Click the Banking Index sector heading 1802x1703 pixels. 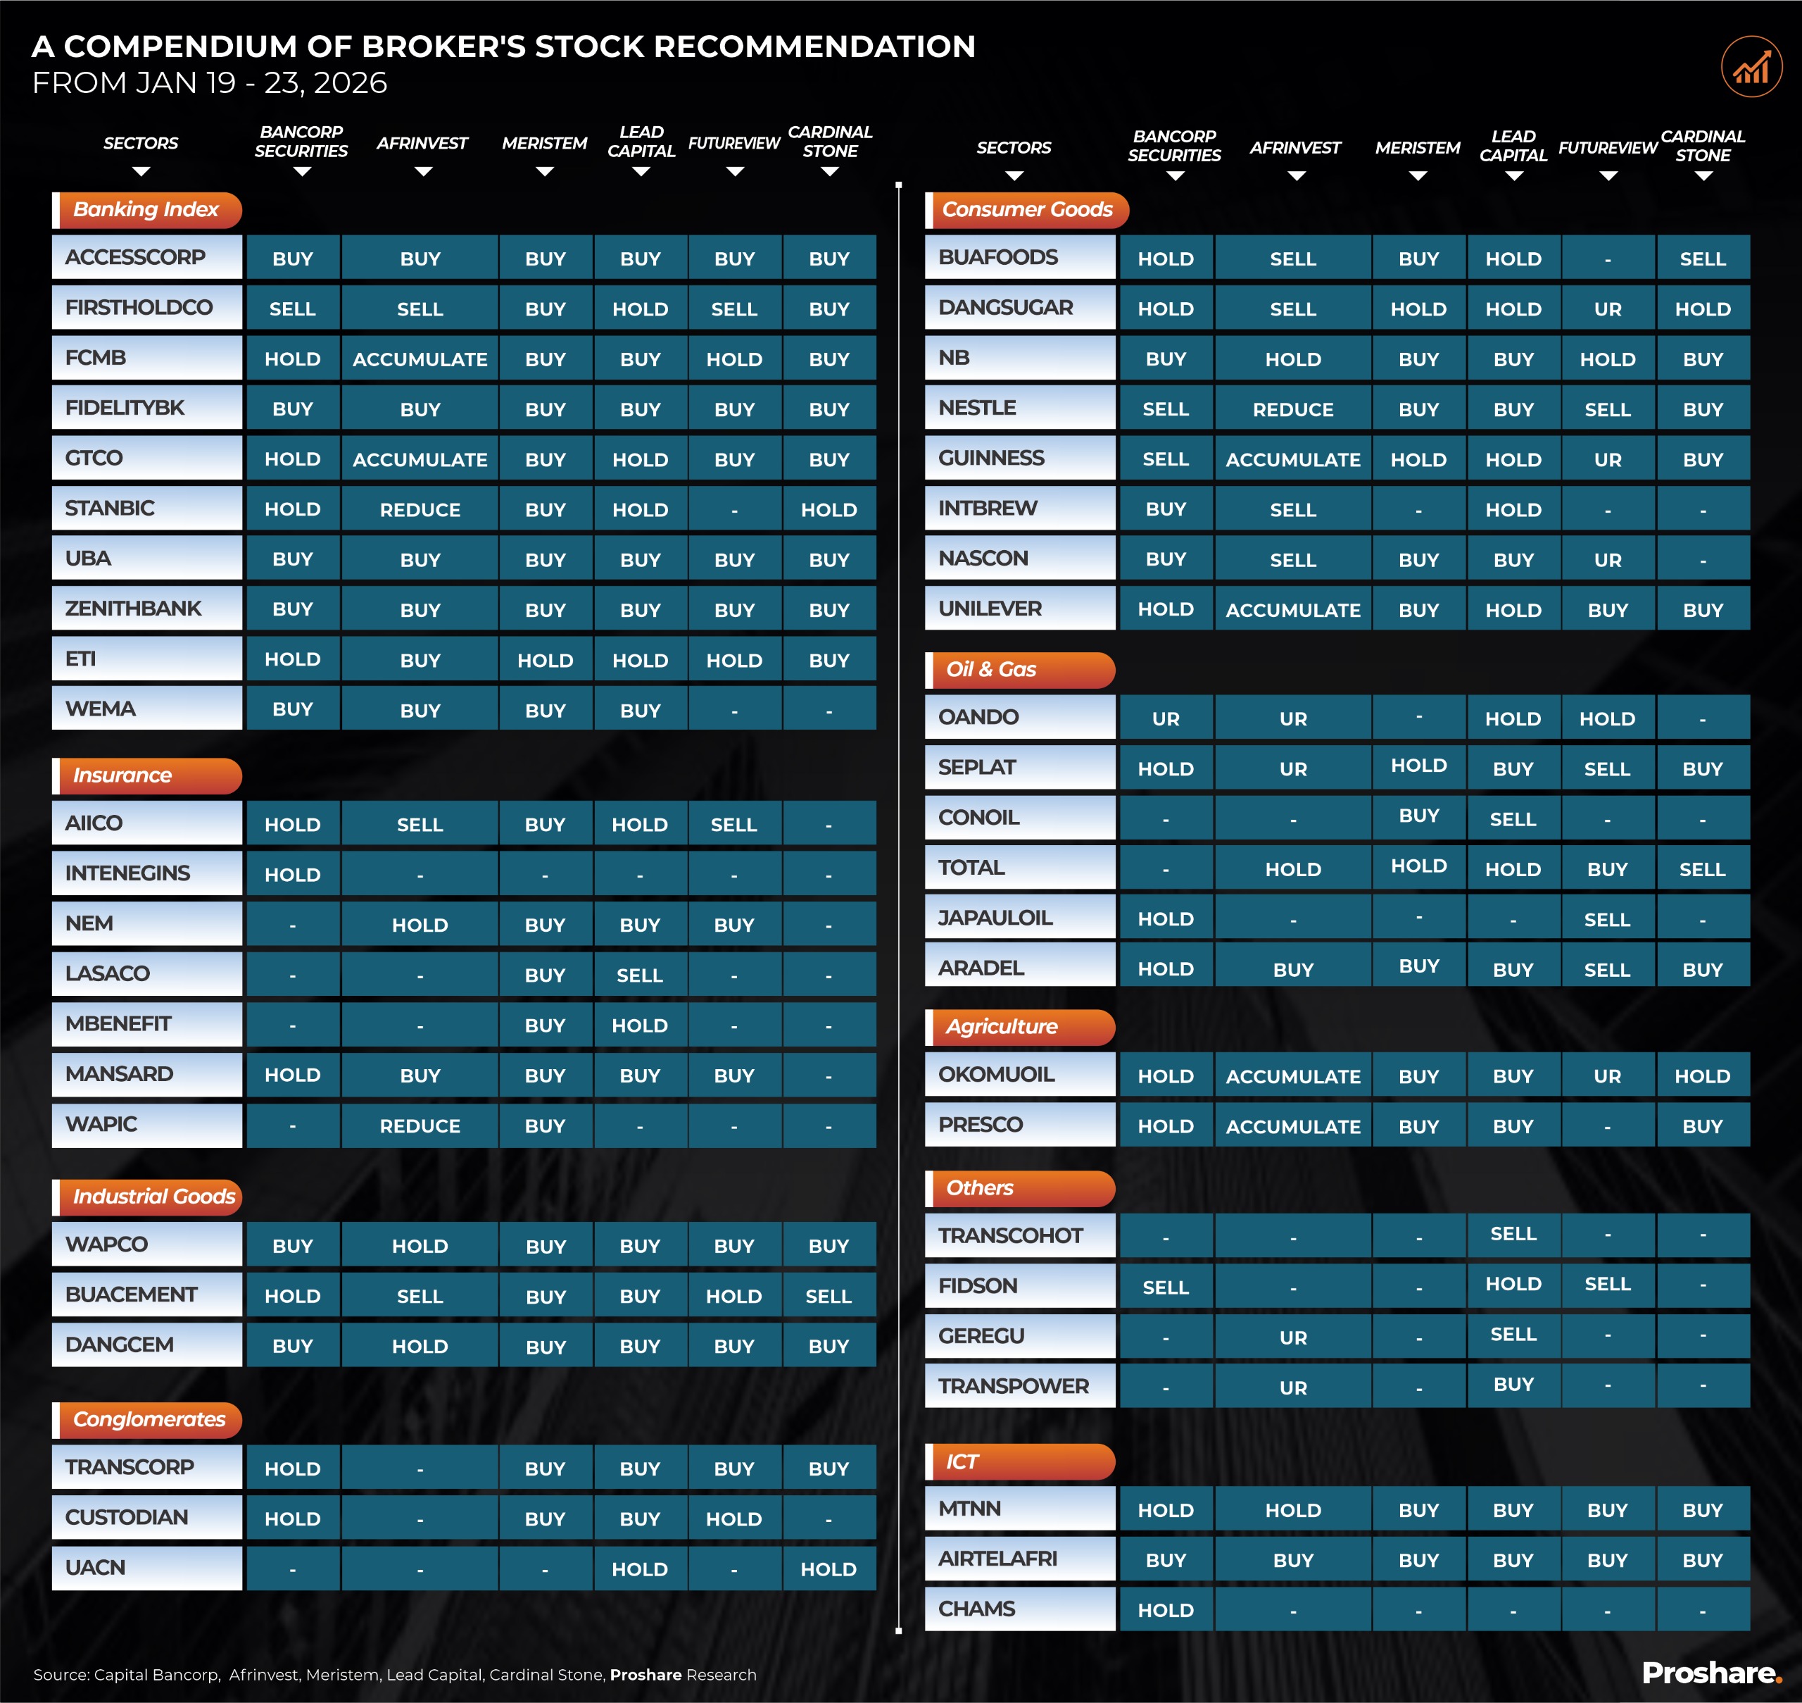[146, 210]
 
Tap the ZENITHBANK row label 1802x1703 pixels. [133, 609]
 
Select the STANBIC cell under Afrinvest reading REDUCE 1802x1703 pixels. [420, 509]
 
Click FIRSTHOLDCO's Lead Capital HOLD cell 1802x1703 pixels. [640, 308]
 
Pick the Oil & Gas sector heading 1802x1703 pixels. [991, 669]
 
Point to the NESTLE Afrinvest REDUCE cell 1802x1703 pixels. [1292, 409]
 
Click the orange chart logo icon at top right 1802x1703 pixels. [1751, 66]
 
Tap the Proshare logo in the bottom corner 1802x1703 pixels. [1710, 1672]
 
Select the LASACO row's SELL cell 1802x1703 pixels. [640, 975]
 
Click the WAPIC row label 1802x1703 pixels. [101, 1124]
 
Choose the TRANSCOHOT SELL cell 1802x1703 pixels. [1513, 1234]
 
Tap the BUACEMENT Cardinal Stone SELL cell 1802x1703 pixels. [828, 1297]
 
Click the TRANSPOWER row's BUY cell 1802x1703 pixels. [1513, 1385]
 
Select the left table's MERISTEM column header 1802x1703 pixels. [544, 144]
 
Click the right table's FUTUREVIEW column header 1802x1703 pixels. [1607, 148]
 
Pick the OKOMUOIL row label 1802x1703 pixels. [996, 1074]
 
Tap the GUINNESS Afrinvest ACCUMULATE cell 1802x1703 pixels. [1292, 459]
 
